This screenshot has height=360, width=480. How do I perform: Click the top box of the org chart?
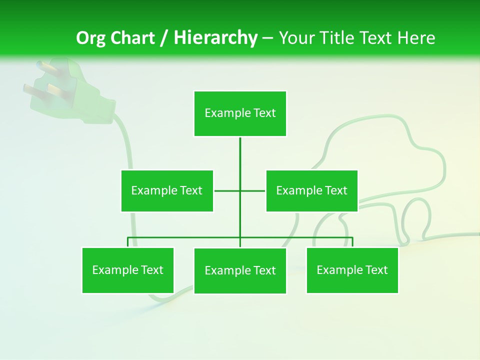240,113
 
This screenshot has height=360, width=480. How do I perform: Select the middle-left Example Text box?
167,190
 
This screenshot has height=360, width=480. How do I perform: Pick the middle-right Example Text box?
311,190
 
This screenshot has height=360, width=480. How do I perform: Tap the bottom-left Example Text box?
128,270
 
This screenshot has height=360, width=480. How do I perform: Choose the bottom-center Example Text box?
240,270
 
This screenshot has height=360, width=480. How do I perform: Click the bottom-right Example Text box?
352,270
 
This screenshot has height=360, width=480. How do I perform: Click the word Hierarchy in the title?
215,38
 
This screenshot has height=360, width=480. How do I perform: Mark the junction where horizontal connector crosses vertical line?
240,190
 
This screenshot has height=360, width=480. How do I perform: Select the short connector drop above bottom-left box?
128,242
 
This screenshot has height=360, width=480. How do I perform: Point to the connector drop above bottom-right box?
352,242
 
